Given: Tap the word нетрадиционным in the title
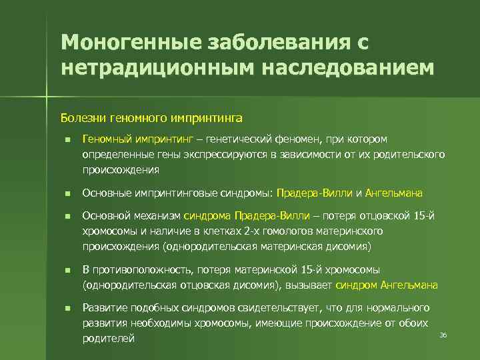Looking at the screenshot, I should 141,67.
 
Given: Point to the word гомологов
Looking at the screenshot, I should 289,231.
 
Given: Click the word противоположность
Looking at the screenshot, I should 140,269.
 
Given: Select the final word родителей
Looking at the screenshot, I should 108,338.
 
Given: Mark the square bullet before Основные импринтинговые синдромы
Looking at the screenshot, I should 68,193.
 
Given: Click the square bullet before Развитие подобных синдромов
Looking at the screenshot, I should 68,307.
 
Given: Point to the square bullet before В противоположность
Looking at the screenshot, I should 68,269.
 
